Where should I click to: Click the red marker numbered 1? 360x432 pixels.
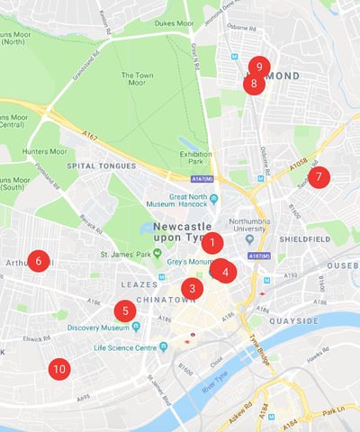pyautogui.click(x=211, y=242)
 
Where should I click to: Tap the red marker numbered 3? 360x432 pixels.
pyautogui.click(x=190, y=289)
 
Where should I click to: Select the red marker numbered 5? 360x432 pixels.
pyautogui.click(x=125, y=311)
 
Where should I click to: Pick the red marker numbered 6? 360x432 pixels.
pyautogui.click(x=38, y=261)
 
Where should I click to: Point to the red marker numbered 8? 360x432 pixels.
pyautogui.click(x=253, y=85)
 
